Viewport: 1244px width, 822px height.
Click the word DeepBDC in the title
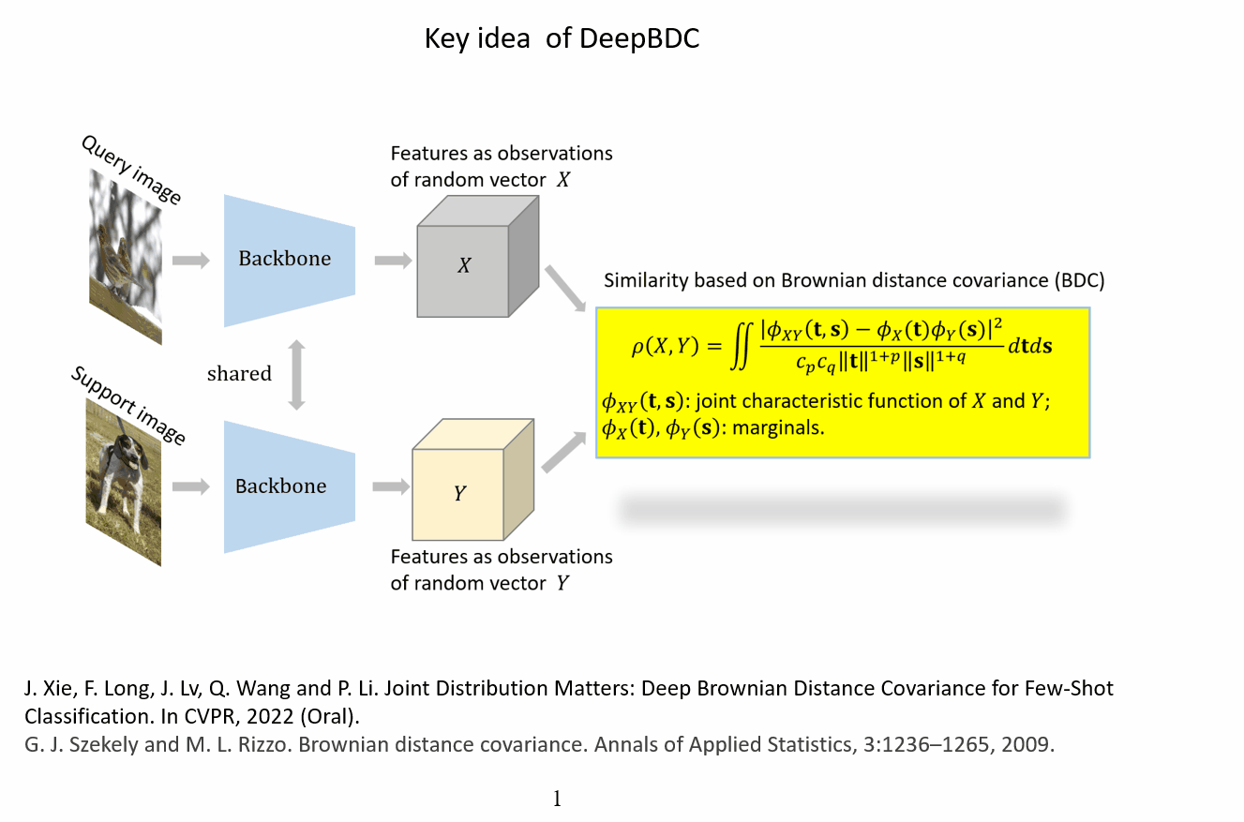639,39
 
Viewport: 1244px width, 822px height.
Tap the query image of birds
126,257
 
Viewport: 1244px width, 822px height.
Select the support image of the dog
124,483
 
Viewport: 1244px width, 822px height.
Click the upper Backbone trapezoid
290,261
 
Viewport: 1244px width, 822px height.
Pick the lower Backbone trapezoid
290,487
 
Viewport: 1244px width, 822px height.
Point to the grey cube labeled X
477,257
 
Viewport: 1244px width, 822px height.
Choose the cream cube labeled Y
472,479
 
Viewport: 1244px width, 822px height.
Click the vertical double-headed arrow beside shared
296,375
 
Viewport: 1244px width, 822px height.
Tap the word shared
239,374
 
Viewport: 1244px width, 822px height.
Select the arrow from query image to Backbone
191,261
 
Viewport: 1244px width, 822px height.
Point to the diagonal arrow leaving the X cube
565,289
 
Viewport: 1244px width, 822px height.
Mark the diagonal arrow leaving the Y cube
564,453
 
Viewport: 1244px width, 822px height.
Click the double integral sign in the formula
742,347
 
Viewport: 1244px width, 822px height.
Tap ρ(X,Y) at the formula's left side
665,347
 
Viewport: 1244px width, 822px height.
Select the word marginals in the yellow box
778,427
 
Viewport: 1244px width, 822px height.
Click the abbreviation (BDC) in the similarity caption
1080,280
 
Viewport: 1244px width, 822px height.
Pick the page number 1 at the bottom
557,799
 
